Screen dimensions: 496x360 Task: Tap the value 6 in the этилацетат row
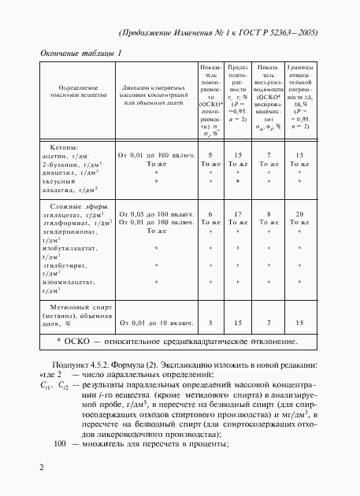coord(210,214)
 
